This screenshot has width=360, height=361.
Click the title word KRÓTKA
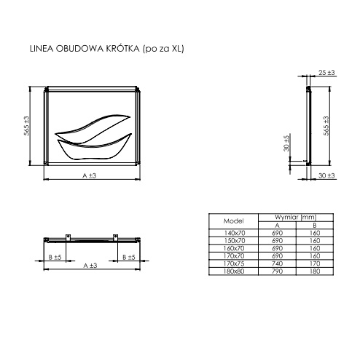[x=122, y=48]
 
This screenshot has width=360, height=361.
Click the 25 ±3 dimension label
[x=326, y=72]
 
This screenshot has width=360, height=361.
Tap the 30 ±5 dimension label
[x=286, y=143]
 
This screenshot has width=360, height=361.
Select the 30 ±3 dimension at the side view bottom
[x=326, y=175]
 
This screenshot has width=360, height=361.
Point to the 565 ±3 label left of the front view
[x=26, y=126]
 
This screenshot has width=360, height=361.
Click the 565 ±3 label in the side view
[x=326, y=126]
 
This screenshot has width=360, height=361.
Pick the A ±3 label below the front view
[x=90, y=175]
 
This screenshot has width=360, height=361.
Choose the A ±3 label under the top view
[x=90, y=266]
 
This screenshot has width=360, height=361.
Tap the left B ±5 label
[x=55, y=257]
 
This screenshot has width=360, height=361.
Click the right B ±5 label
[x=129, y=257]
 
